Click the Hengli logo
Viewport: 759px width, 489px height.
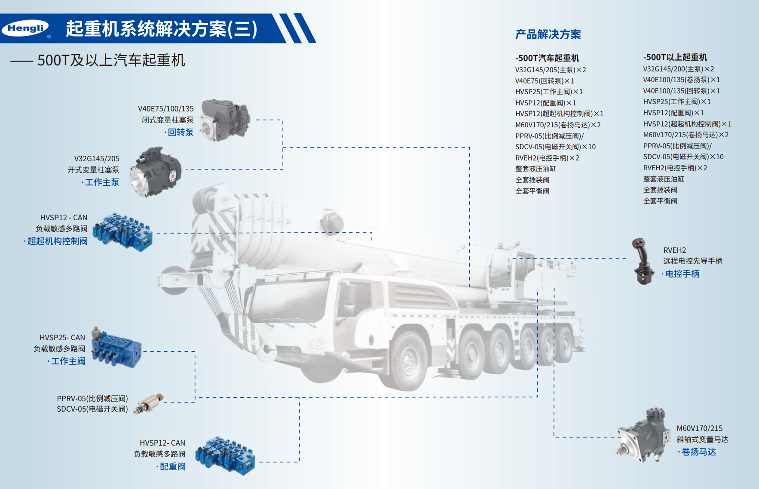click(x=26, y=28)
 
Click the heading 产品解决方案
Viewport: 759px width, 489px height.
click(x=548, y=34)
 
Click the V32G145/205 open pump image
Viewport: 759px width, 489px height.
click(x=155, y=172)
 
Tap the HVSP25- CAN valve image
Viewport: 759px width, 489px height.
click(x=116, y=348)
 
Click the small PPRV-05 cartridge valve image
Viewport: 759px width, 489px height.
click(x=149, y=403)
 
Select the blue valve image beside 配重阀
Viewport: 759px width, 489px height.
click(x=225, y=455)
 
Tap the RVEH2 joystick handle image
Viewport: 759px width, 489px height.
click(x=643, y=261)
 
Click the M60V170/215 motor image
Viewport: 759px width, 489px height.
click(x=643, y=435)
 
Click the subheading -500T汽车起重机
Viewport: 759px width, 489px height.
click(x=547, y=58)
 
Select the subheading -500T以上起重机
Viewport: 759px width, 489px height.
click(x=675, y=57)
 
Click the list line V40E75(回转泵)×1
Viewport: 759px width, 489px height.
click(x=545, y=81)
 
